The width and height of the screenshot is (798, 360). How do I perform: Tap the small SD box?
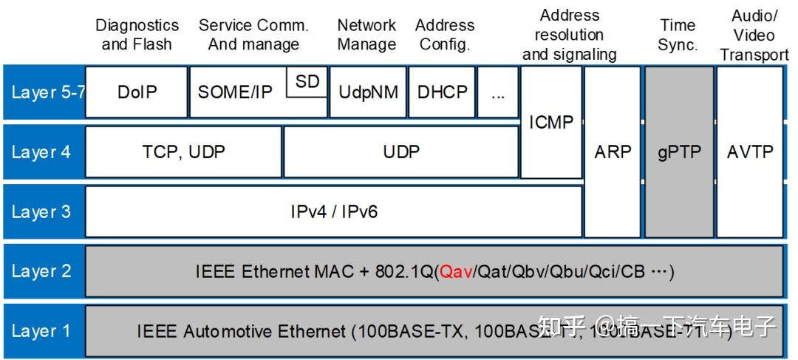[x=307, y=82]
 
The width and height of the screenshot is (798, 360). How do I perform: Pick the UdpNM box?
[x=368, y=92]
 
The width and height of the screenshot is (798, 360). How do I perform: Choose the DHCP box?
[x=442, y=92]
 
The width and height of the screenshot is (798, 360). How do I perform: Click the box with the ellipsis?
[x=498, y=92]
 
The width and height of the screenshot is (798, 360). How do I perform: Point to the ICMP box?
[x=551, y=123]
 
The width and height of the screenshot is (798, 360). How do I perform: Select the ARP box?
[x=613, y=152]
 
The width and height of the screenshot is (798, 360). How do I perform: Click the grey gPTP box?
[x=678, y=152]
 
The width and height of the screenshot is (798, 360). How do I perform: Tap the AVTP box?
[x=750, y=152]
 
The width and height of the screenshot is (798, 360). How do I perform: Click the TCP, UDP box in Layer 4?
[x=183, y=152]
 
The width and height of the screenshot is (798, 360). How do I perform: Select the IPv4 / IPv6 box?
[x=334, y=212]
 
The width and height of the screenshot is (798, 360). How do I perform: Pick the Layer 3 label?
[x=41, y=212]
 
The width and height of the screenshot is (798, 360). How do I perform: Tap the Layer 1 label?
[x=41, y=330]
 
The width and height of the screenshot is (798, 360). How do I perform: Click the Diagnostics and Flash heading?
[x=137, y=35]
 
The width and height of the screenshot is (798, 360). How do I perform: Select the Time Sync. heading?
[x=678, y=35]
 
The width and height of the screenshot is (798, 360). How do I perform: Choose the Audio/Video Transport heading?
[x=753, y=35]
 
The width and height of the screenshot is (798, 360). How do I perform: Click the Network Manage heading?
[x=366, y=35]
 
